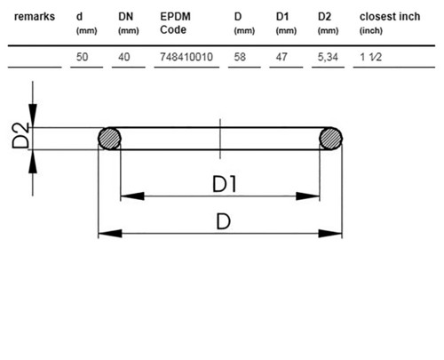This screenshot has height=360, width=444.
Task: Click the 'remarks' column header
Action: pos(35,17)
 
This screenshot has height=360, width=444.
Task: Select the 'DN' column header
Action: pos(126,17)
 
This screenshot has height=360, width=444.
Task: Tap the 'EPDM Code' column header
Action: pos(175,23)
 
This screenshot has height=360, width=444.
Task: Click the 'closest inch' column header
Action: pos(390,17)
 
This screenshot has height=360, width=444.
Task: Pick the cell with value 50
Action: pos(82,57)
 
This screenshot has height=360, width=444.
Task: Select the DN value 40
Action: pos(124,57)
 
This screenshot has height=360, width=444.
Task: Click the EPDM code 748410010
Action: pos(186,57)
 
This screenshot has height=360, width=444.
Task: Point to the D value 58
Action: pos(240,57)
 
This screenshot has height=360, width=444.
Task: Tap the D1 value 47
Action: pos(281,57)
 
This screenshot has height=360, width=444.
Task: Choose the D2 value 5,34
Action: pos(328,57)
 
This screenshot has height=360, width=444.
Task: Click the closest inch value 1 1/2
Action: pos(370,57)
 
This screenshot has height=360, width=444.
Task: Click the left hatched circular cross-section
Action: pos(109,139)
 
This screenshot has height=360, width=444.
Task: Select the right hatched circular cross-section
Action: pos(330,139)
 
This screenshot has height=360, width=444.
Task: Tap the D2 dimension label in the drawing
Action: pos(20,135)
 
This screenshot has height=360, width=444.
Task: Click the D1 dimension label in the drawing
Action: pos(225,184)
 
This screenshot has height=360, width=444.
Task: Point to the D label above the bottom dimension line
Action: pos(223,221)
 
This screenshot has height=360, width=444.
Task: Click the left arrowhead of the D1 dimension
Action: pos(132,196)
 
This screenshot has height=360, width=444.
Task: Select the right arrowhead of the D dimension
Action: pos(330,234)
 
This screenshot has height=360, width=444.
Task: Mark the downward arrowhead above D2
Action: pos(33,116)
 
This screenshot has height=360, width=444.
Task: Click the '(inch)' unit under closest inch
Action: pos(371,31)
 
